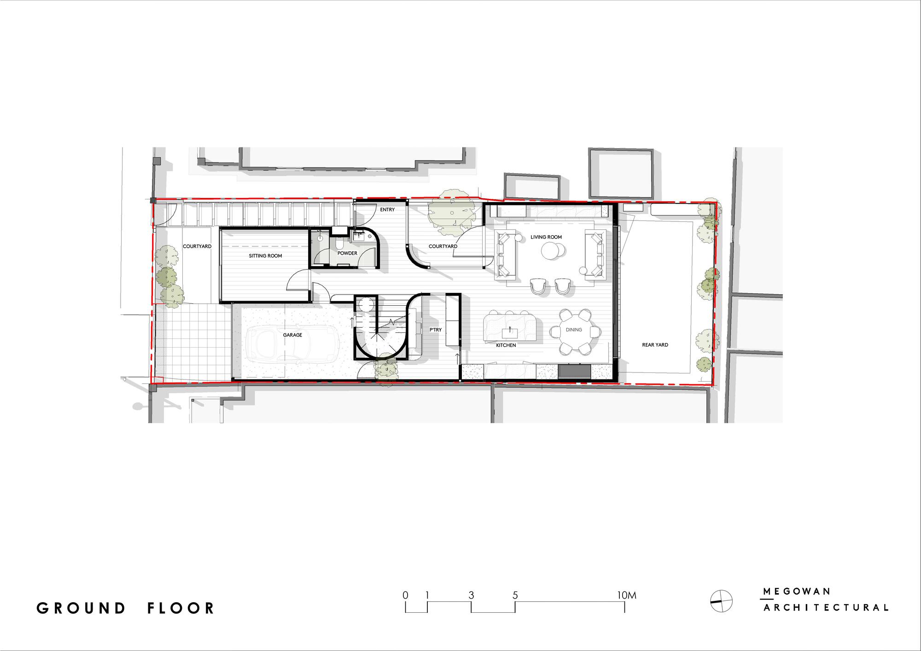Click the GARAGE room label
coord(292,335)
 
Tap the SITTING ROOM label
coord(265,256)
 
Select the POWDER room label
coord(347,253)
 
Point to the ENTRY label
coord(387,210)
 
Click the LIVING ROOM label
coord(546,237)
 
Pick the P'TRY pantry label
coord(435,330)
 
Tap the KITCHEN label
coord(506,345)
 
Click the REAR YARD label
coord(655,345)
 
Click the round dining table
coord(574,331)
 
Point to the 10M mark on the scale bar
coord(626,595)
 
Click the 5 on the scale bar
coord(515,595)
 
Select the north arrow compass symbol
coord(721,601)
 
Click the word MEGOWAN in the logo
coord(797,592)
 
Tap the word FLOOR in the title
coord(181,608)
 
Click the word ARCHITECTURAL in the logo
coord(826,608)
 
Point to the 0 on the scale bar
coord(405,595)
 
